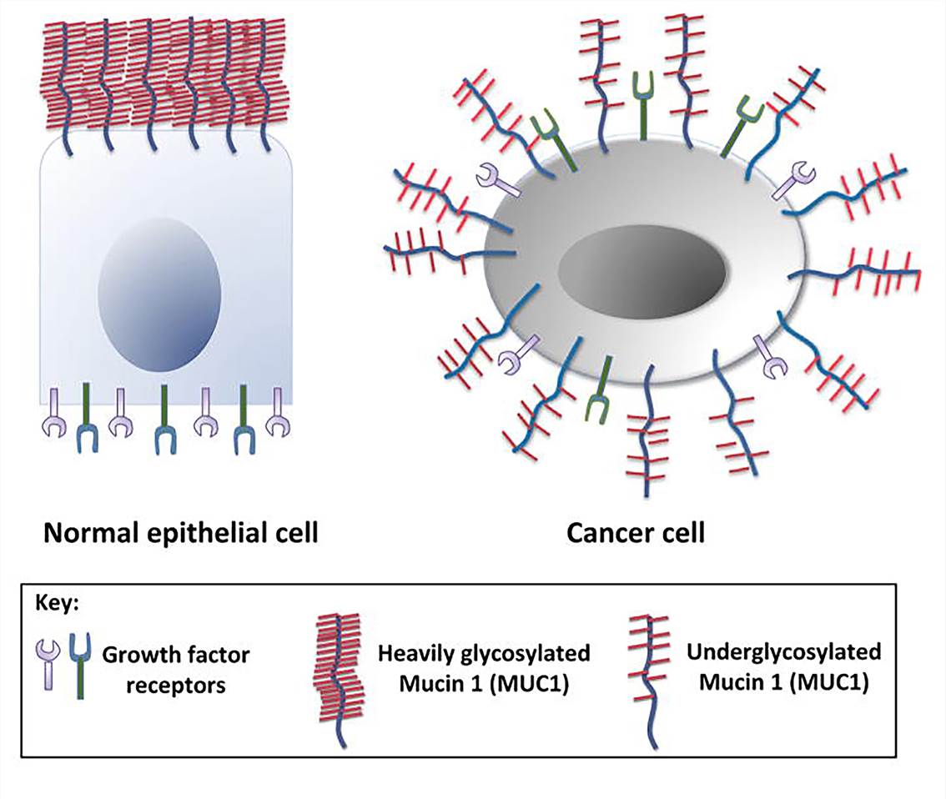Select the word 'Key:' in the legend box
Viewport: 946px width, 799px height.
click(x=56, y=603)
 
